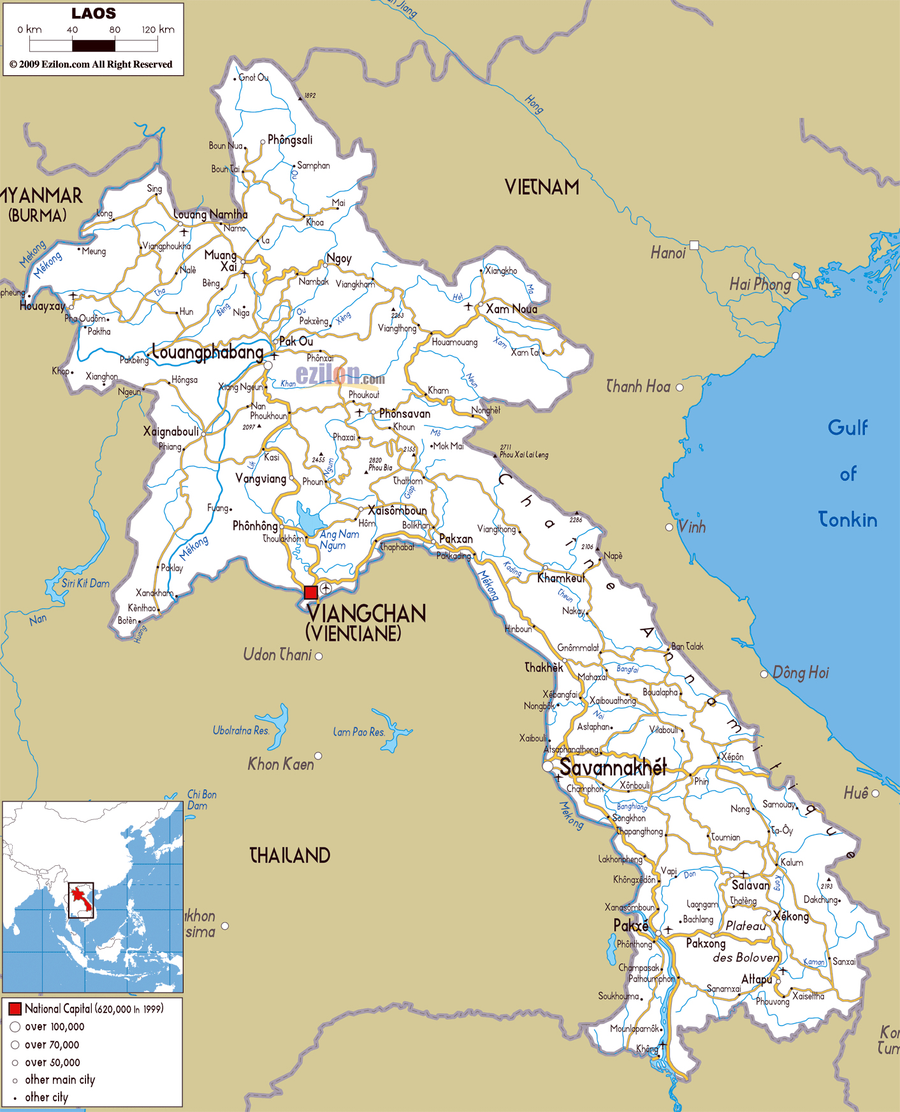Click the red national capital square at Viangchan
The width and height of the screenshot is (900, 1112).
click(310, 592)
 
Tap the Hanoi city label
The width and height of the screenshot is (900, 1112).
click(667, 253)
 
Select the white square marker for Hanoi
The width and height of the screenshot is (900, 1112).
click(694, 245)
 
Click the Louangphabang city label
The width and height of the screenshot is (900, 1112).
click(208, 353)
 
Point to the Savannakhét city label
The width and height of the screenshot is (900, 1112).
click(613, 767)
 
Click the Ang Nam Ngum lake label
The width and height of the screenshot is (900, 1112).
click(339, 539)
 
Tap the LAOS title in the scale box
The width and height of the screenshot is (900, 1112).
click(94, 13)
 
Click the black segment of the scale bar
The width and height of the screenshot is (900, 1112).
click(94, 45)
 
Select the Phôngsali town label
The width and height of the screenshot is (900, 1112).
click(290, 140)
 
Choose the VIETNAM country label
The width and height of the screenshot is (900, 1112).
click(542, 187)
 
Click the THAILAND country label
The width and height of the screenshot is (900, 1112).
click(289, 855)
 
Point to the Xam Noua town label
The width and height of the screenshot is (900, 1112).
click(511, 309)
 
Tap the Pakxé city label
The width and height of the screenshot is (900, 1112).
click(630, 925)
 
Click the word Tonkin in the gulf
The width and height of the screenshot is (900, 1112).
click(847, 520)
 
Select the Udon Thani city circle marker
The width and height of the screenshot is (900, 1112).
click(319, 656)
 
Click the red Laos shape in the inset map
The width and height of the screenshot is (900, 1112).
click(80, 898)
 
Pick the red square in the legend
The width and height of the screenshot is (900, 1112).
click(15, 1009)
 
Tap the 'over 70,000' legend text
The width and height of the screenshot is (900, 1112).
click(52, 1044)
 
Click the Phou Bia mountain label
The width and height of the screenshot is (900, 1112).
click(381, 467)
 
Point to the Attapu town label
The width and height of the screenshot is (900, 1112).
click(757, 979)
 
